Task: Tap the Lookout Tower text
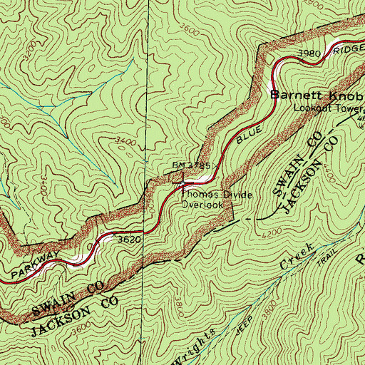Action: [x=329, y=109]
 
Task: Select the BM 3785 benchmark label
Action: [x=190, y=165]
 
